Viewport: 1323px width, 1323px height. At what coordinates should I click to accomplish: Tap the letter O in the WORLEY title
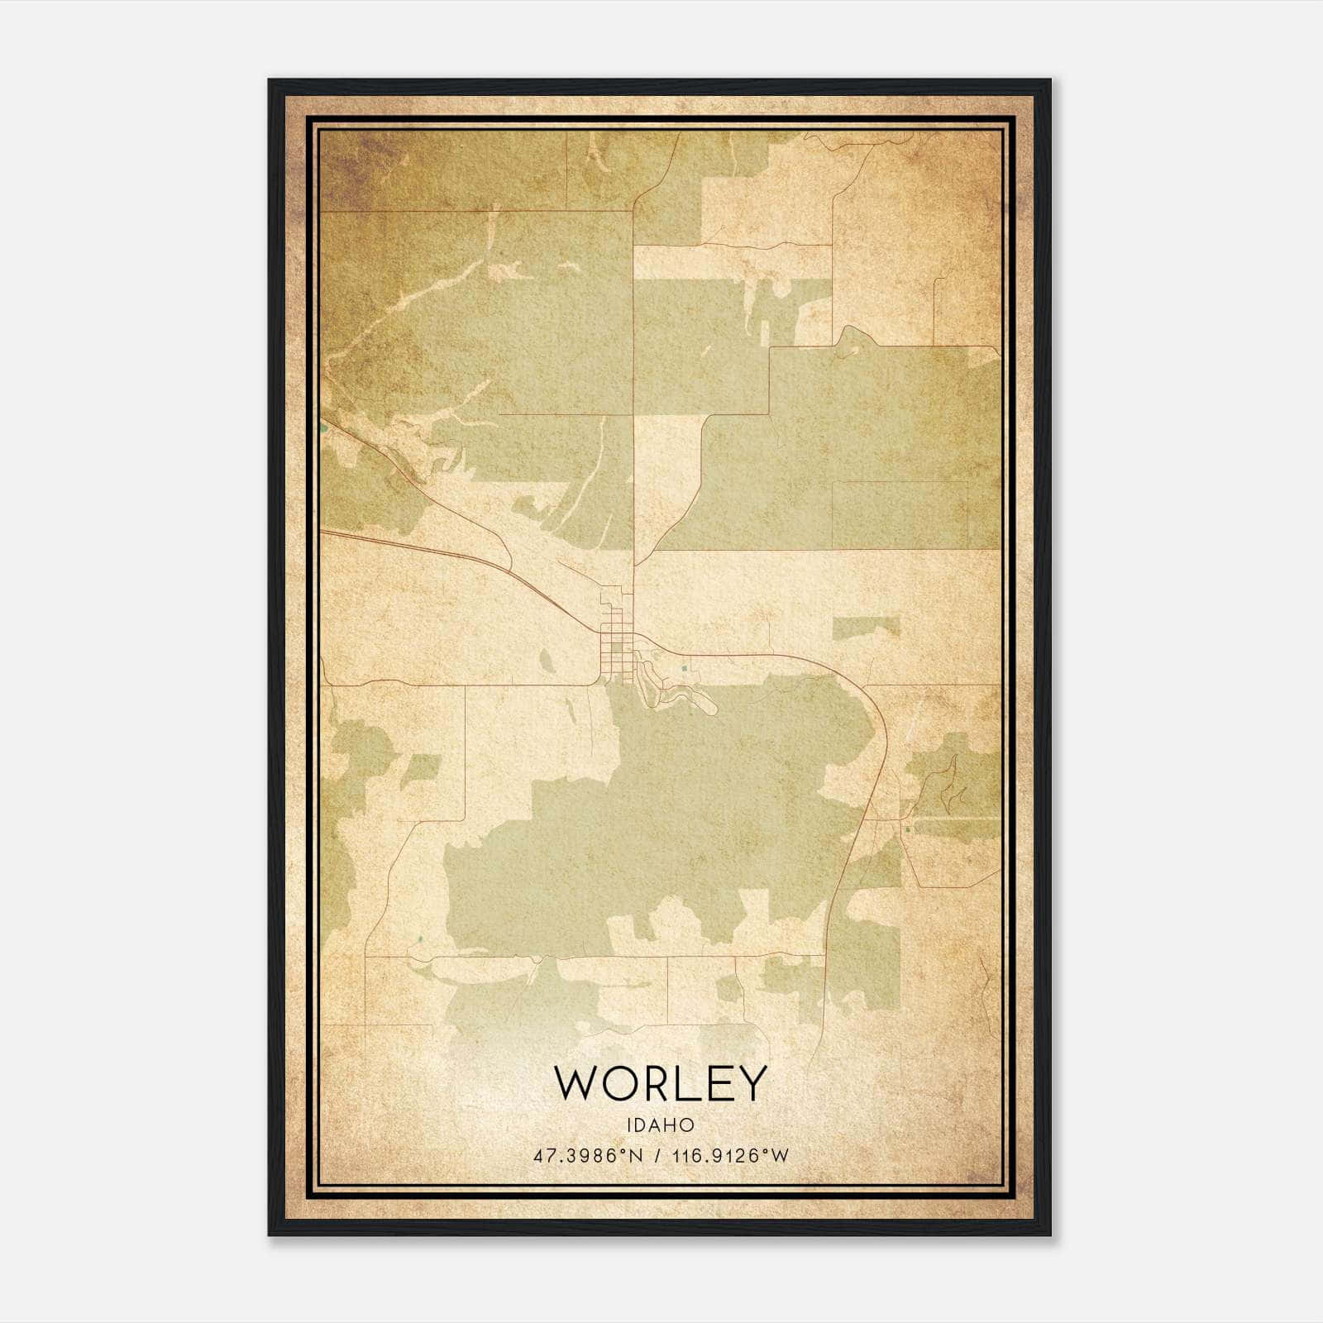coord(626,1083)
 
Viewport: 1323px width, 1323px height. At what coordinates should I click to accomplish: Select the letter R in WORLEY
coord(664,1083)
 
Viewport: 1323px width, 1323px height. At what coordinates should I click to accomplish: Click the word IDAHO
coord(661,1125)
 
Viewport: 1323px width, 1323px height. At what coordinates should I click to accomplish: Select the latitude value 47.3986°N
coord(587,1155)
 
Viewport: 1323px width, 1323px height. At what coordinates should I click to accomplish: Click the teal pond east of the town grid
coord(685,668)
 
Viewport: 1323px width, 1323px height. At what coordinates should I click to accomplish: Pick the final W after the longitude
coord(781,1155)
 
